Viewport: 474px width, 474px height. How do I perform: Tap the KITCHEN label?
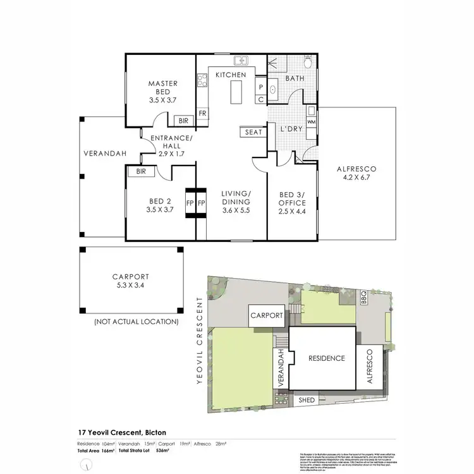231,75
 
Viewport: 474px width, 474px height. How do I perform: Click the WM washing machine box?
311,120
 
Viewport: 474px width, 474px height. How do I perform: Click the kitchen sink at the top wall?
241,61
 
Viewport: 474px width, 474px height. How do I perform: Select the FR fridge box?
202,113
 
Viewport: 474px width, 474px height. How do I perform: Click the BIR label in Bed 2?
141,171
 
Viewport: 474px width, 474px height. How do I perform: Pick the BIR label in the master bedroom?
183,120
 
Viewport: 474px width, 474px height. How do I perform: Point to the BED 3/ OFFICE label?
291,203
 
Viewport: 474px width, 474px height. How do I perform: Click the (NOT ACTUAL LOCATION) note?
136,322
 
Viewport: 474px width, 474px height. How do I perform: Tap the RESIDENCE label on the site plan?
326,358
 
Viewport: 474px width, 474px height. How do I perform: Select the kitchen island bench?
236,93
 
